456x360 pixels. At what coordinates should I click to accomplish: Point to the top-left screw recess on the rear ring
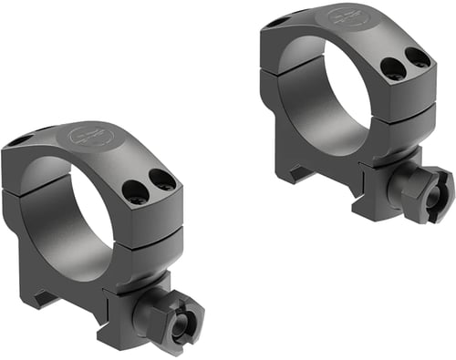(x=276, y=19)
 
